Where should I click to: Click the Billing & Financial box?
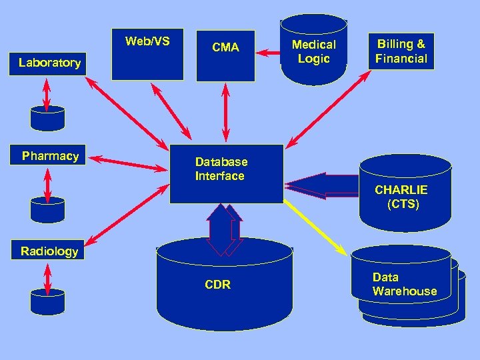tap(401, 51)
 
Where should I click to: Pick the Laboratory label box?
tap(50, 63)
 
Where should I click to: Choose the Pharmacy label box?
tap(50, 157)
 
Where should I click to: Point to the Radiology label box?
tap(49, 251)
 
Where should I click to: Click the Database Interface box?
tap(227, 173)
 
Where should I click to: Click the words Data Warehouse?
tap(404, 285)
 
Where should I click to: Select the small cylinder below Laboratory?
tap(48, 118)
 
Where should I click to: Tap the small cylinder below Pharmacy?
tap(48, 209)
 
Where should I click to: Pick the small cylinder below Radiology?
tap(48, 301)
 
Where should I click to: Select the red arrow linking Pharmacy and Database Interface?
tap(129, 163)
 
